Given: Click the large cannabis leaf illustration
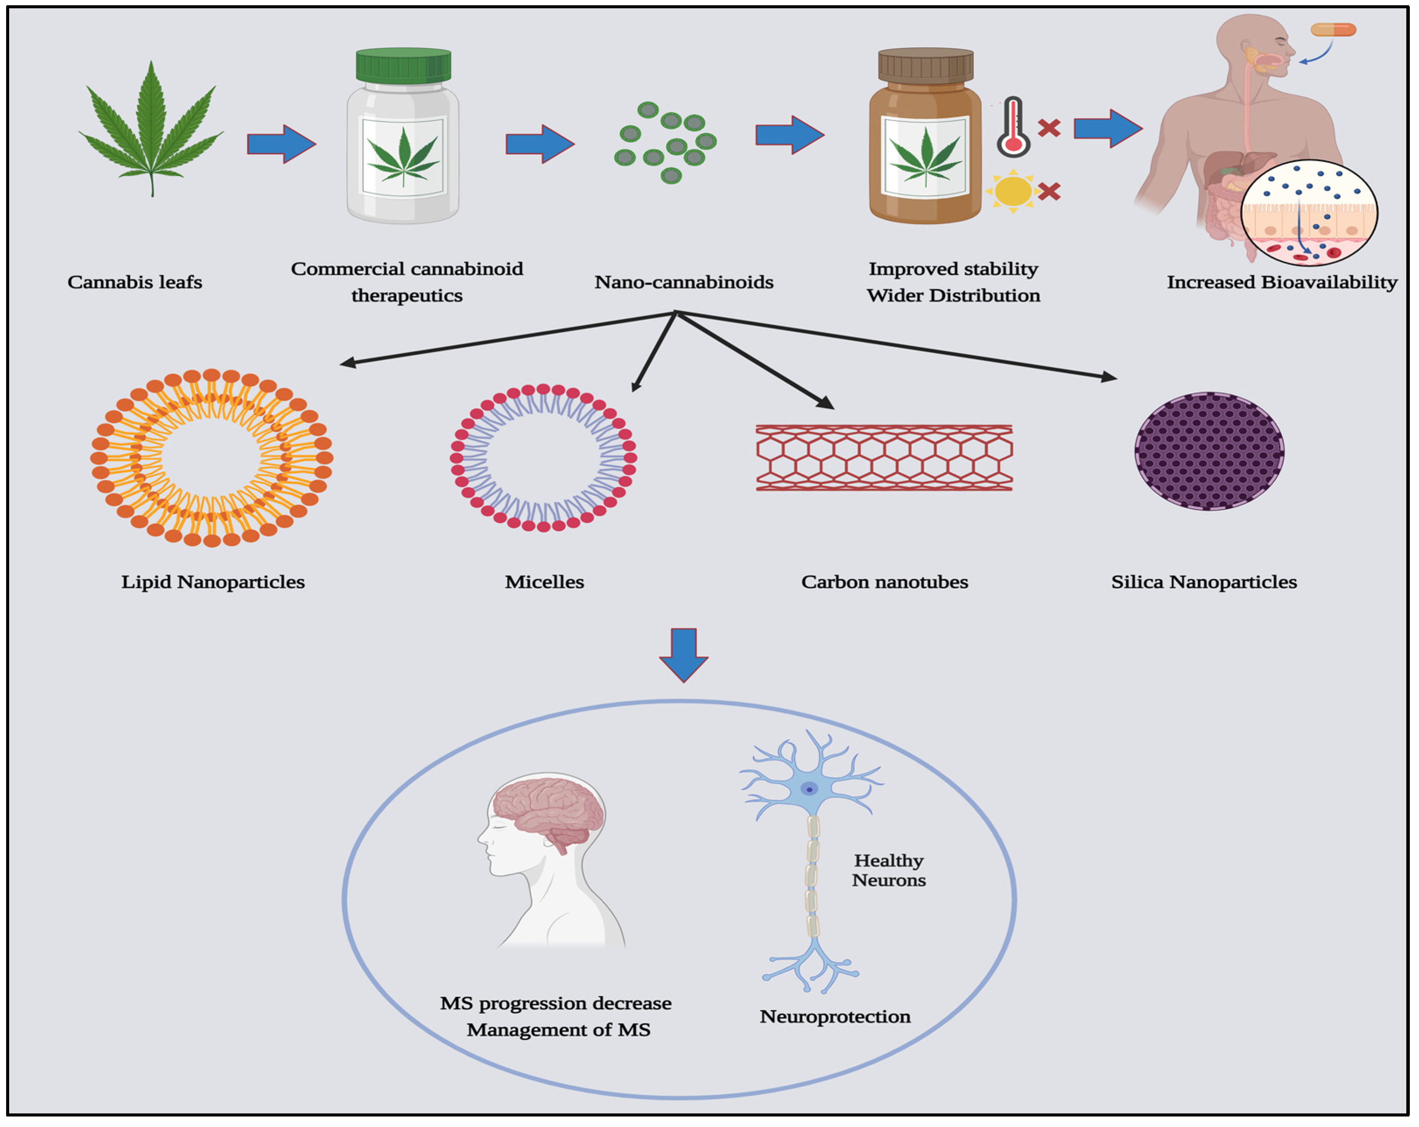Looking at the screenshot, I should [151, 132].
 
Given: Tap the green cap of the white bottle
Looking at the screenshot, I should [403, 66].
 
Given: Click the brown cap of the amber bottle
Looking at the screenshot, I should [925, 66].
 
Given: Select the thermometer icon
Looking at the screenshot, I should [1013, 127].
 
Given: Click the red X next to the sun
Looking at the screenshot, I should [1049, 192].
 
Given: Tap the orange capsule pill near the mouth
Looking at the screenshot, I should [1333, 30].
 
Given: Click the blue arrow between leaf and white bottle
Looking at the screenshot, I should [281, 144].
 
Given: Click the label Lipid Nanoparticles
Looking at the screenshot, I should [213, 582].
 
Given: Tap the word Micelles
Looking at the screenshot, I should [544, 582].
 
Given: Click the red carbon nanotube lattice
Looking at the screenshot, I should [884, 457].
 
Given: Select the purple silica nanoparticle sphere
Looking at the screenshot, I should [1209, 452].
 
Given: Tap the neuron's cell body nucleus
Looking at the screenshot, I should [809, 789].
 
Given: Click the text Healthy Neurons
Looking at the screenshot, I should [889, 870].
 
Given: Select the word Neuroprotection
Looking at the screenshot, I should [834, 1016].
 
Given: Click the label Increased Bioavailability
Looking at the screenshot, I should [1282, 282].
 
